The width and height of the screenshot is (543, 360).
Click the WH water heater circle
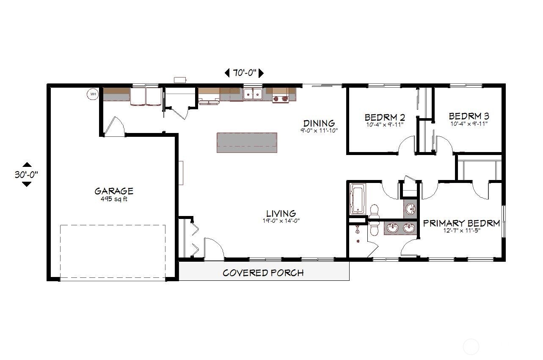pyautogui.click(x=92, y=94)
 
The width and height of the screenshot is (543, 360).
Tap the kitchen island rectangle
pyautogui.click(x=247, y=142)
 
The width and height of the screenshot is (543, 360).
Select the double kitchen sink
pyautogui.click(x=253, y=94)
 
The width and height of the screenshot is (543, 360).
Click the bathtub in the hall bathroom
pyautogui.click(x=358, y=198)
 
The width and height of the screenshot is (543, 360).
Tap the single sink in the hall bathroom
pyautogui.click(x=410, y=209)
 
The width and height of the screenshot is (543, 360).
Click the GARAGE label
pyautogui.click(x=114, y=191)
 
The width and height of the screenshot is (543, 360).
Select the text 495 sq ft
pyautogui.click(x=114, y=199)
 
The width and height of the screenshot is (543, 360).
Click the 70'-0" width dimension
pyautogui.click(x=244, y=73)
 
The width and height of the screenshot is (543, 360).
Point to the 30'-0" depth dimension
pyautogui.click(x=26, y=174)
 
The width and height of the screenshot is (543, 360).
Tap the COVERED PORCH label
pyautogui.click(x=263, y=273)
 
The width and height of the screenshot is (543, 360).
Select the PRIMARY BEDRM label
pyautogui.click(x=461, y=223)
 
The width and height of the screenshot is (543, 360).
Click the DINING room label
pyautogui.click(x=319, y=123)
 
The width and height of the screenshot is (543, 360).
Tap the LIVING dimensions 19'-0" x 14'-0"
pyautogui.click(x=281, y=220)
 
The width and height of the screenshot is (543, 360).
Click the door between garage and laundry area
pyautogui.click(x=113, y=127)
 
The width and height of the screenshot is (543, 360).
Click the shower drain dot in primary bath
pyautogui.click(x=358, y=241)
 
